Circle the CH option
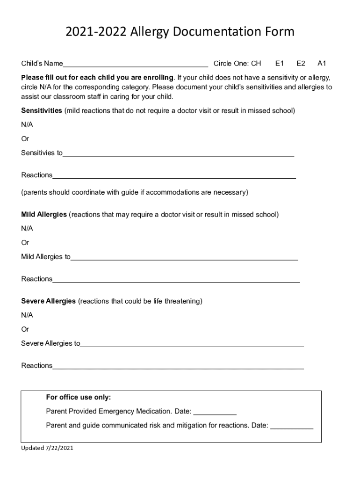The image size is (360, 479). click(x=256, y=63)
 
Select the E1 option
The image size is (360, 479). click(x=280, y=63)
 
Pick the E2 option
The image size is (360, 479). click(x=301, y=63)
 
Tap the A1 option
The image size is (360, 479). click(x=322, y=63)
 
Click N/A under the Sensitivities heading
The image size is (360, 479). click(x=27, y=125)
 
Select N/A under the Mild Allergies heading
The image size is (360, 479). click(x=27, y=229)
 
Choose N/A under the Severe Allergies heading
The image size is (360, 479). click(x=27, y=315)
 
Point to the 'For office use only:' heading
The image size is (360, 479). click(x=79, y=398)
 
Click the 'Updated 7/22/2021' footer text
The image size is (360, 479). click(x=47, y=448)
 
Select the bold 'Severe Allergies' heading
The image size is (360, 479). click(x=48, y=301)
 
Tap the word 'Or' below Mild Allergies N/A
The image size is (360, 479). click(x=25, y=243)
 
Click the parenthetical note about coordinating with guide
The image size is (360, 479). click(x=135, y=192)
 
